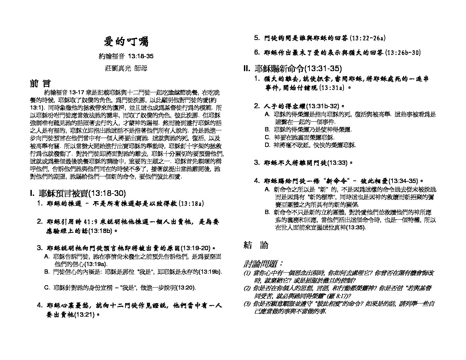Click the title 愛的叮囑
(x=126, y=42)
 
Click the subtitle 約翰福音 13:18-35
(x=126, y=56)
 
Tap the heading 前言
(x=40, y=83)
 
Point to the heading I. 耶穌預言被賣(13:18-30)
(x=78, y=193)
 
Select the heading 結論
(x=256, y=245)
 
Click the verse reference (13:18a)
(x=191, y=203)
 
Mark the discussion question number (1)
(x=247, y=273)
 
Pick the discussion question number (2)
(x=247, y=289)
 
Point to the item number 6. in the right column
(x=256, y=52)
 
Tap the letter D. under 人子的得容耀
(x=268, y=145)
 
